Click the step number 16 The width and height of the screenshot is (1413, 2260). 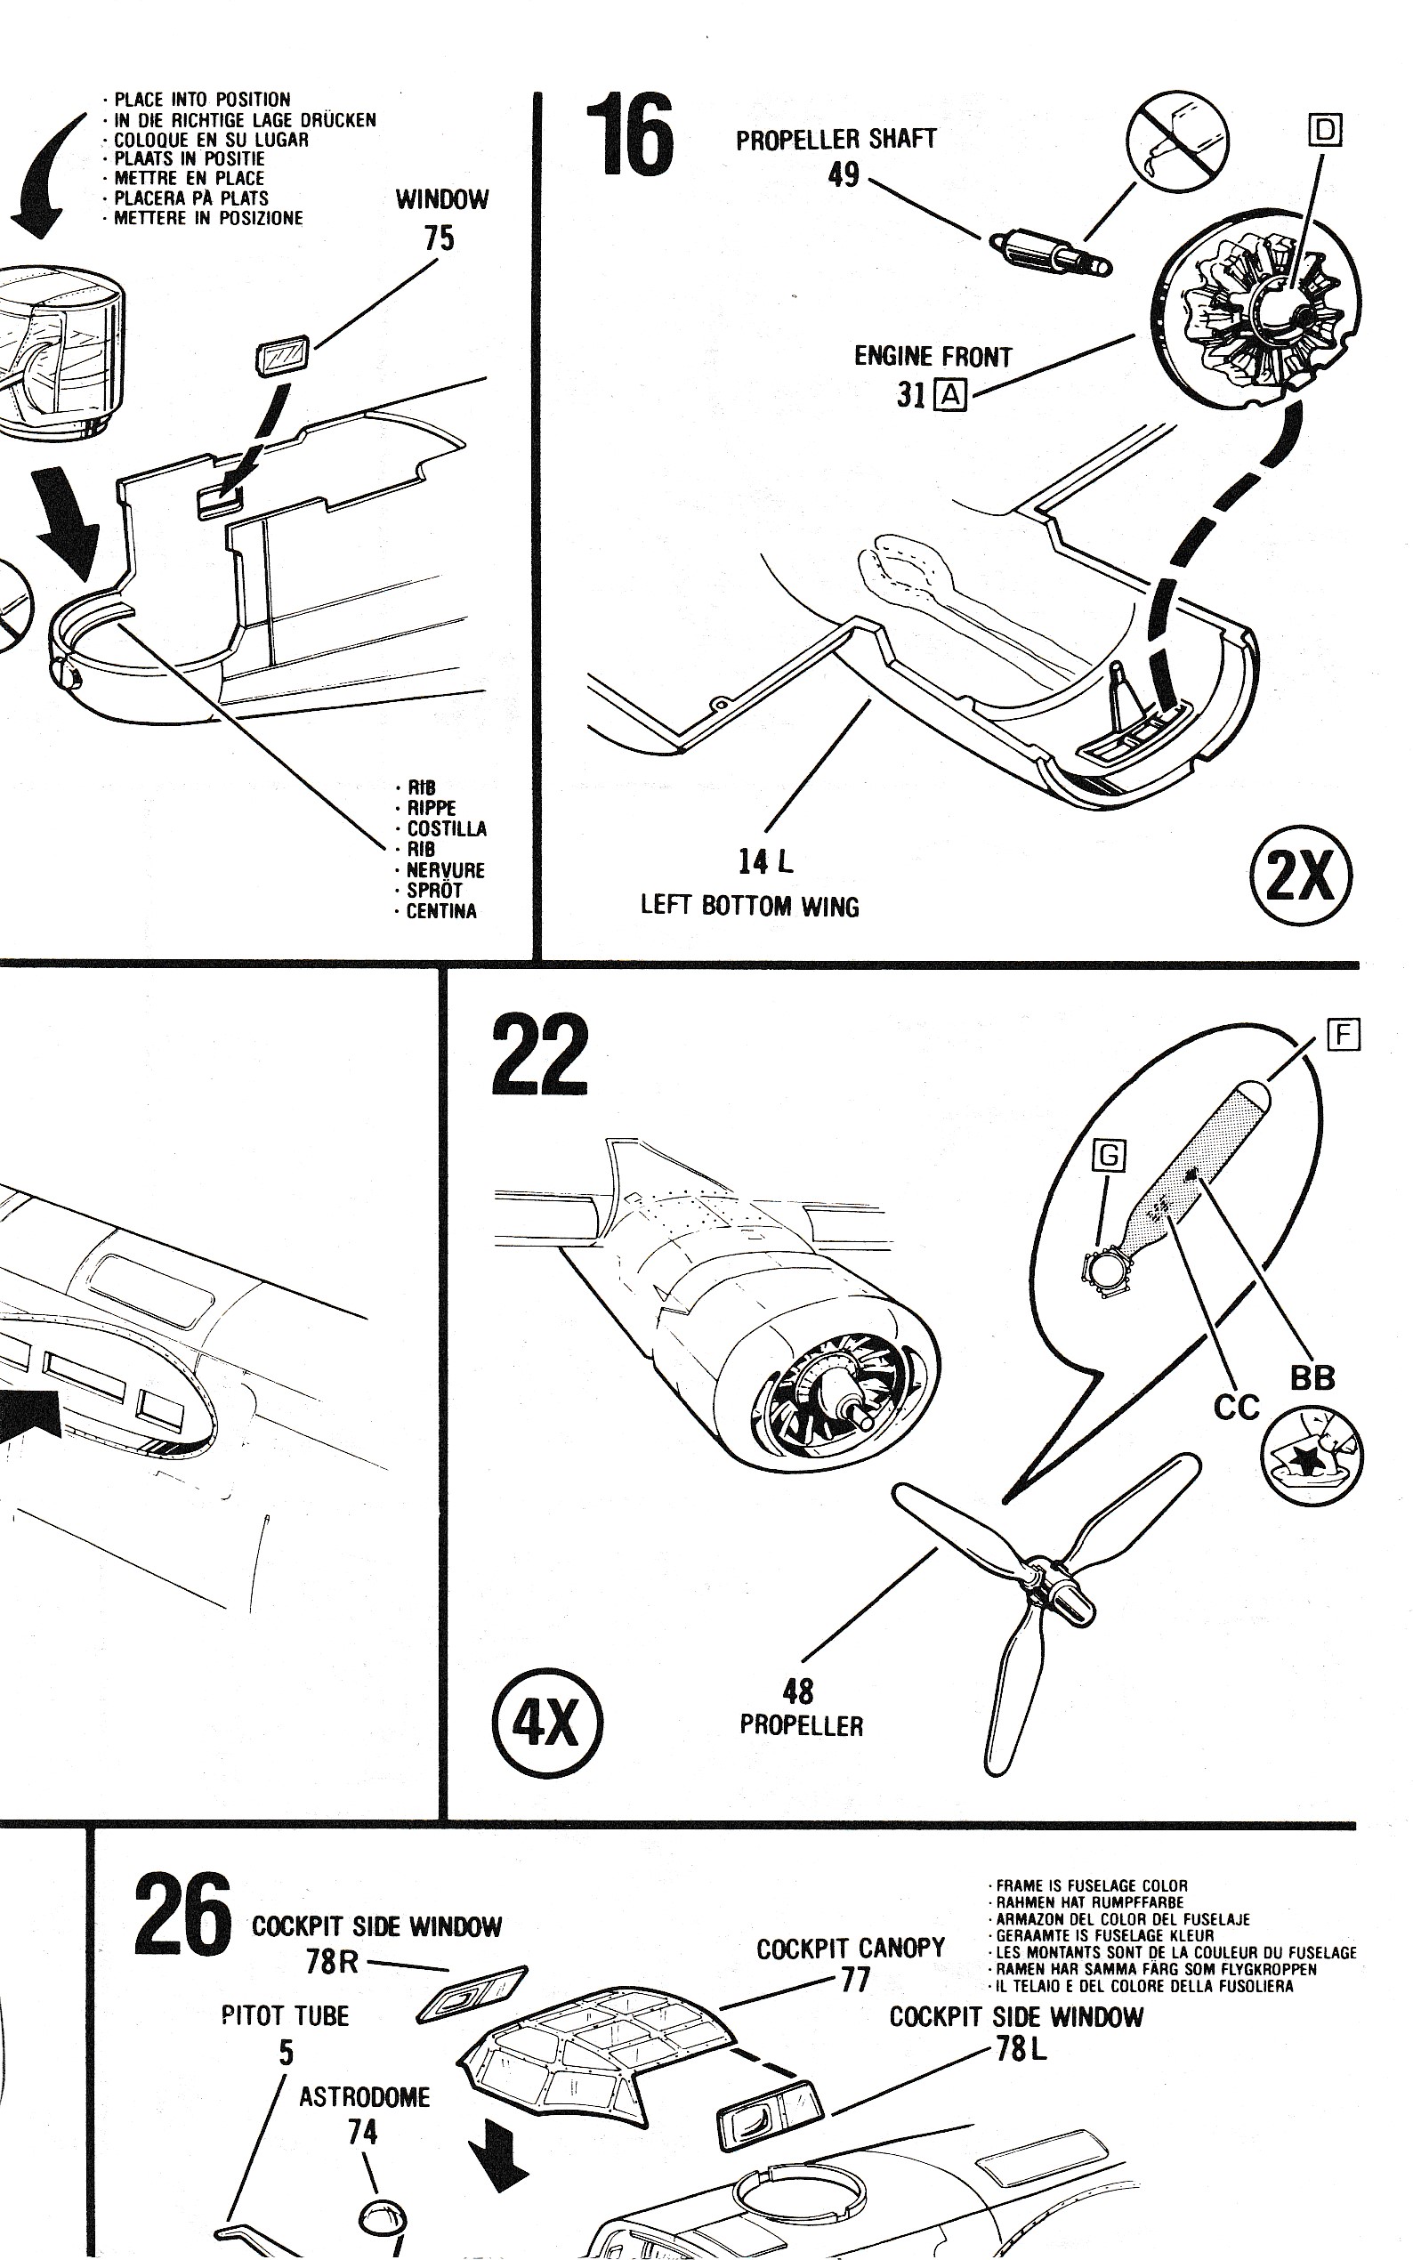tap(629, 136)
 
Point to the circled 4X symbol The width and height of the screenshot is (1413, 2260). tap(546, 1721)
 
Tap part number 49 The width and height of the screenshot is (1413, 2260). tap(843, 174)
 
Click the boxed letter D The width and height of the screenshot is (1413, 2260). tap(1325, 130)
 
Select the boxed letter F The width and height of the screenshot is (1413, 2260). tap(1343, 1036)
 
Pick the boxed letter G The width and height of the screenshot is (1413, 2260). tap(1110, 1156)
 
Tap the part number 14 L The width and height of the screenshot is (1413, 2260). tap(765, 860)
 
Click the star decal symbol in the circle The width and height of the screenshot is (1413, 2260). tap(1312, 1456)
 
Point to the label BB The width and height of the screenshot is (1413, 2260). tap(1312, 1378)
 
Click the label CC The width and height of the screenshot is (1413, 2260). tap(1235, 1407)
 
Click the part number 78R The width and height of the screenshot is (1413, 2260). tap(332, 1961)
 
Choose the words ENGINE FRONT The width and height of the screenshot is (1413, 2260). tap(933, 356)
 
